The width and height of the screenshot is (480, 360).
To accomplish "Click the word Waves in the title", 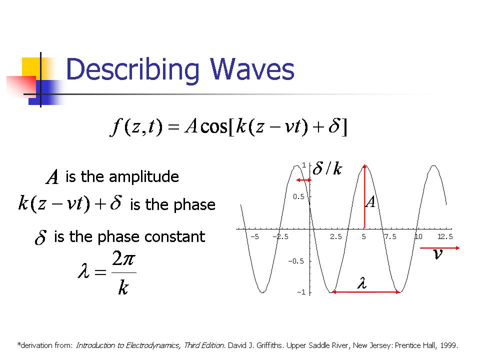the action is [x=251, y=69].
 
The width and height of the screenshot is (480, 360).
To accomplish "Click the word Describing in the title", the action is [x=133, y=71].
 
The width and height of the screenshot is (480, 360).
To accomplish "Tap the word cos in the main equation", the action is [x=214, y=126].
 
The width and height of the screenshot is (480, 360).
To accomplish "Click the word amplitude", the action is [x=143, y=177].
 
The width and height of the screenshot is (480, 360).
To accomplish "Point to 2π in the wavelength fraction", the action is [x=123, y=258].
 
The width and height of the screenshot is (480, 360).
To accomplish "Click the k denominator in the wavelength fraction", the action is [x=123, y=287].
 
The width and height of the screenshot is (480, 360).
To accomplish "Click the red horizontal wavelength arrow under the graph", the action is [x=366, y=292].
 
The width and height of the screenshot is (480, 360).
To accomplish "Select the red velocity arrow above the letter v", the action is [x=440, y=248].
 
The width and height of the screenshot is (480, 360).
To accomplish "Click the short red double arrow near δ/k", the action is [x=303, y=180].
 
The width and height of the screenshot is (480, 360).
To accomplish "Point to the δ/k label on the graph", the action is [x=327, y=168].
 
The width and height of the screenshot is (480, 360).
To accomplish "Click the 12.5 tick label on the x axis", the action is [x=445, y=236].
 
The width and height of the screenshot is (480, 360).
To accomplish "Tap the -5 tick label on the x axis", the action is [x=254, y=236].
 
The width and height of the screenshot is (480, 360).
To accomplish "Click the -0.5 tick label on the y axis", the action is [x=296, y=261].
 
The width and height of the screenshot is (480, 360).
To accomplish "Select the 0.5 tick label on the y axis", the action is [x=298, y=196].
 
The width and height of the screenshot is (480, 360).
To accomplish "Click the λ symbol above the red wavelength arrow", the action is [x=362, y=283].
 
